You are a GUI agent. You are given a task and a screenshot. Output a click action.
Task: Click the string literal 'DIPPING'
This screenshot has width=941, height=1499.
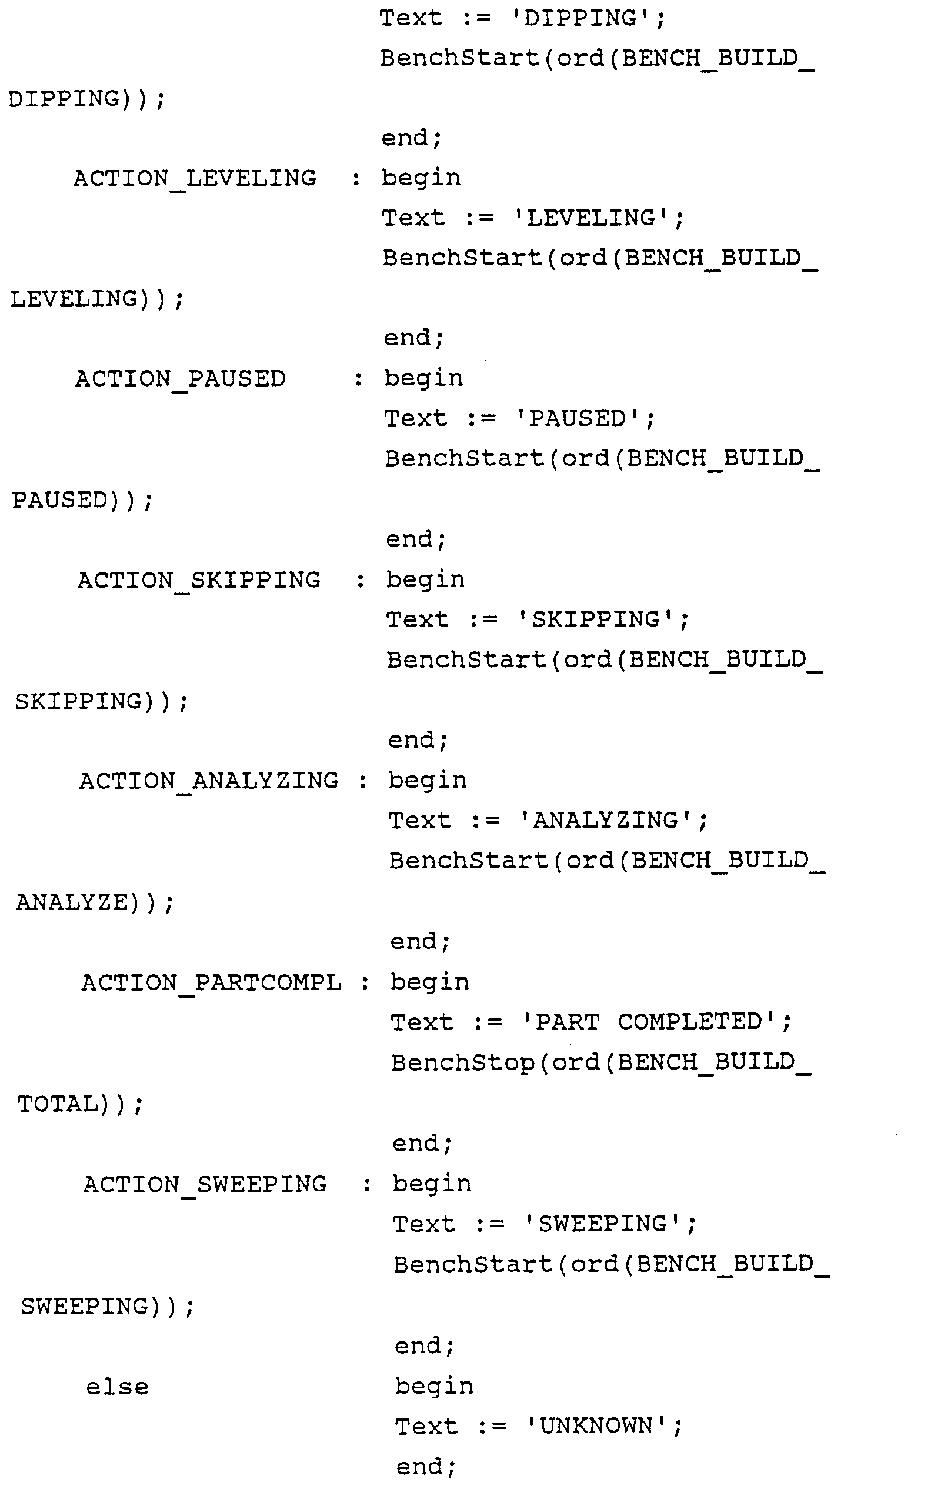(x=580, y=19)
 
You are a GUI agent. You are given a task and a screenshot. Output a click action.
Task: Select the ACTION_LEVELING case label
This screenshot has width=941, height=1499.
(x=194, y=179)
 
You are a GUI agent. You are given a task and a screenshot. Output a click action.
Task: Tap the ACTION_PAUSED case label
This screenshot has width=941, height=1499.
(x=181, y=379)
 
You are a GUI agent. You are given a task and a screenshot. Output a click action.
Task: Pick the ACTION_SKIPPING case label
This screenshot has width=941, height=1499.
(x=199, y=581)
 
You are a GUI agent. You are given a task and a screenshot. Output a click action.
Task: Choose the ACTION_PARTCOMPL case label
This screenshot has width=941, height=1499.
(x=211, y=983)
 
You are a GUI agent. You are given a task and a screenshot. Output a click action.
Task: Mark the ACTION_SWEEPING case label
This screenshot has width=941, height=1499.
(x=205, y=1185)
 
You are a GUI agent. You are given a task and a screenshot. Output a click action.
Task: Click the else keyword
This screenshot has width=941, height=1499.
(x=117, y=1388)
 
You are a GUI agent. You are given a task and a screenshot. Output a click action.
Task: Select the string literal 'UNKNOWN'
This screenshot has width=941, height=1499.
(x=597, y=1427)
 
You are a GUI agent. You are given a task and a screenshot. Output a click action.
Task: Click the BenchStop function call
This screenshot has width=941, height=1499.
(x=462, y=1063)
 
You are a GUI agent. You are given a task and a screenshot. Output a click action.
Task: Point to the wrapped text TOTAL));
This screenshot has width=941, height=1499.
(x=79, y=1104)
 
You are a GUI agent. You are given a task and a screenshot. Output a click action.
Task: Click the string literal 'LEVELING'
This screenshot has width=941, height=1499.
(x=591, y=219)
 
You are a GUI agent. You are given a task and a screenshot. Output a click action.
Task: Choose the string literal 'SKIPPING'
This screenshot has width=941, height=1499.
(x=596, y=620)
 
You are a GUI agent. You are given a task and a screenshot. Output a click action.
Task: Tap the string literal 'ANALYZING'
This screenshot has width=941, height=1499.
(x=606, y=821)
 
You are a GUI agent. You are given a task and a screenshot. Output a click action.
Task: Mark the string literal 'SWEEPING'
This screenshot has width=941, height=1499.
(x=603, y=1224)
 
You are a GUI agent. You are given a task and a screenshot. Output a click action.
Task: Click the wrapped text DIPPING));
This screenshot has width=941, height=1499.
(x=86, y=99)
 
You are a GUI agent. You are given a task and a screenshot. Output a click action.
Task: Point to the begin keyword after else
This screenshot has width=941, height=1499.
(x=434, y=1387)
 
